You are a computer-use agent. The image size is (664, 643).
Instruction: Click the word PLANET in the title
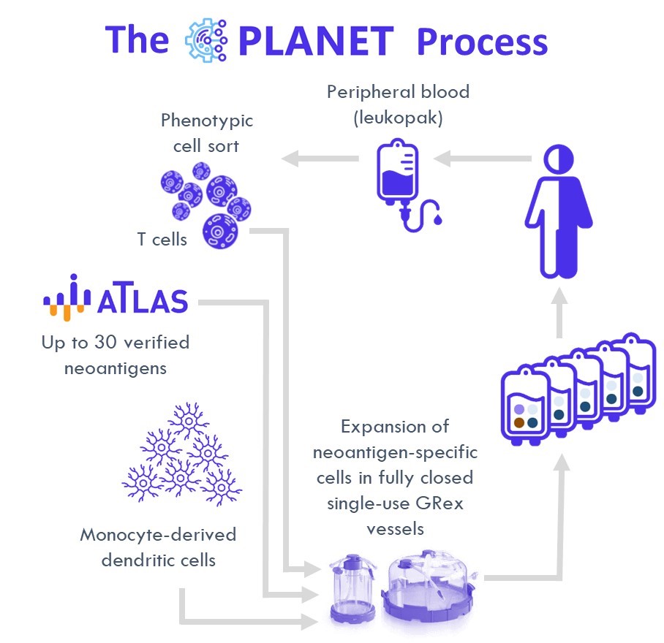(315, 40)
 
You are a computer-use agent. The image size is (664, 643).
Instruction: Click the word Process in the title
(481, 42)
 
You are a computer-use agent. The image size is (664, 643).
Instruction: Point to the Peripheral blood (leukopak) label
(398, 104)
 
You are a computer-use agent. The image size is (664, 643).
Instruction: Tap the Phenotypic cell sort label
(206, 132)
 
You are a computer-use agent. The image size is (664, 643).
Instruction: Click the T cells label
(162, 239)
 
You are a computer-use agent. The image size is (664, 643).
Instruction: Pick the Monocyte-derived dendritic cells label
(158, 547)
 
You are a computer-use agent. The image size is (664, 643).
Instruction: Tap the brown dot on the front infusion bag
(518, 422)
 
